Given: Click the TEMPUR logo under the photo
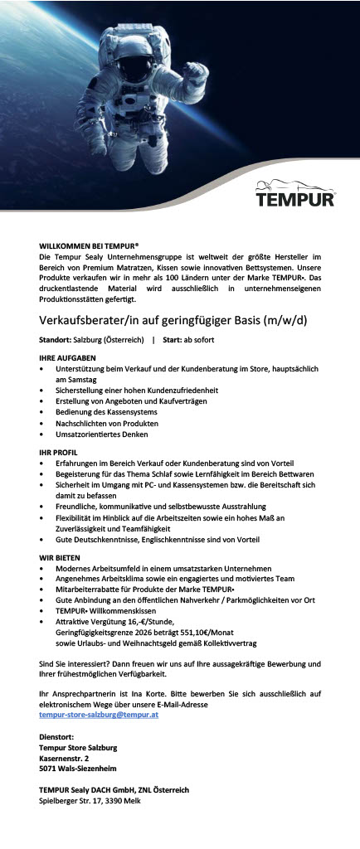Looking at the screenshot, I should [x=294, y=198].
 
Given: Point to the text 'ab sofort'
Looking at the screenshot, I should [x=199, y=341].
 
